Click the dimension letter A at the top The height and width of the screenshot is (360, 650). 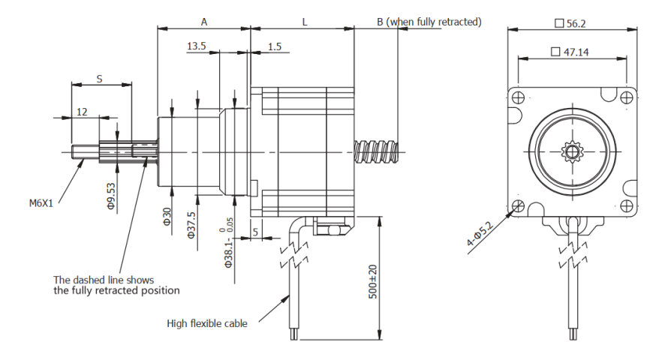click(204, 22)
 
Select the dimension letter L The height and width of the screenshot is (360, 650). click(304, 22)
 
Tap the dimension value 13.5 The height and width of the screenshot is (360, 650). click(196, 46)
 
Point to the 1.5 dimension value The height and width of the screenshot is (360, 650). click(274, 46)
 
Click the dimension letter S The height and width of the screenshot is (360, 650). click(100, 76)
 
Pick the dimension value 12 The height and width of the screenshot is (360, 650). click(82, 111)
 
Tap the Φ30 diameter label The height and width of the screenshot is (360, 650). click(168, 215)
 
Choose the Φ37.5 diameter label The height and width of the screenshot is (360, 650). click(192, 223)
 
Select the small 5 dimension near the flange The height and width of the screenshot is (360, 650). click(257, 232)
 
